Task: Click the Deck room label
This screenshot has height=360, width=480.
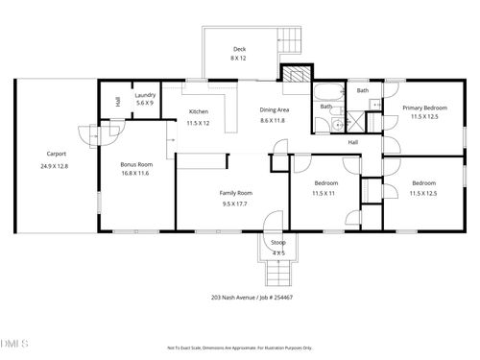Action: pyautogui.click(x=239, y=49)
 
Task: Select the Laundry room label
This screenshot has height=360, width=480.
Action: pyautogui.click(x=145, y=95)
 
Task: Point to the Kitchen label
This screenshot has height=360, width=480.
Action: pyautogui.click(x=198, y=112)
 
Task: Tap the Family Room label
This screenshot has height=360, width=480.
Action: pyautogui.click(x=235, y=194)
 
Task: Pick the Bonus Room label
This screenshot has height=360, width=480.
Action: pyautogui.click(x=136, y=164)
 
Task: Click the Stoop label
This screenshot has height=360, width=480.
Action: pyautogui.click(x=277, y=243)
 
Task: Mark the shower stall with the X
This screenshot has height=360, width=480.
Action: pyautogui.click(x=356, y=122)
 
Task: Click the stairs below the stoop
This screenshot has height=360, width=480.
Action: pyautogui.click(x=277, y=275)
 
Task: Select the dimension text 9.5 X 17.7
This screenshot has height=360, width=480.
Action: pyautogui.click(x=235, y=204)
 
